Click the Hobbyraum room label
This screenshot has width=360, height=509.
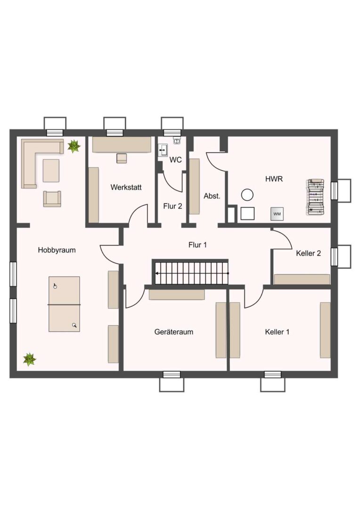[x=57, y=250]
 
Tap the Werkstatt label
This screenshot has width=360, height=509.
[x=126, y=187]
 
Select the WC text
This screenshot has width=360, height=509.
[x=175, y=160]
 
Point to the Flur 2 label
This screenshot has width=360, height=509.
[x=172, y=206]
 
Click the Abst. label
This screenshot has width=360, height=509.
[x=212, y=196]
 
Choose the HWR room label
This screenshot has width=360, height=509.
[x=274, y=179]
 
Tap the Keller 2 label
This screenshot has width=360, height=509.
[x=308, y=253]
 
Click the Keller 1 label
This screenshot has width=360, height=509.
[x=277, y=332]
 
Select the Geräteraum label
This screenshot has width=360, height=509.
[x=174, y=332]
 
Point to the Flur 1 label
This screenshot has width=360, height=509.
[x=197, y=245]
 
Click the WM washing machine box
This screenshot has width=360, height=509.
[x=277, y=214]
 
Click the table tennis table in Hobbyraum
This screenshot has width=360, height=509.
[x=64, y=304]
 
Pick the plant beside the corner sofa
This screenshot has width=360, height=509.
[x=74, y=147]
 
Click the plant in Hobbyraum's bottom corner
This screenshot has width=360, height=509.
[x=30, y=359]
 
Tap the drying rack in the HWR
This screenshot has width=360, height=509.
[x=316, y=197]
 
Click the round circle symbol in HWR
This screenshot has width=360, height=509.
[x=247, y=195]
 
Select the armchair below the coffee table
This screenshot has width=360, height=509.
[x=52, y=199]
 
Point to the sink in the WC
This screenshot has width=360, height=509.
[x=163, y=150]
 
